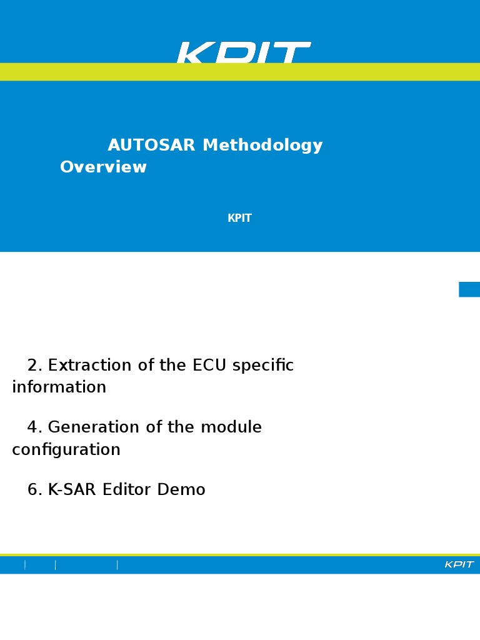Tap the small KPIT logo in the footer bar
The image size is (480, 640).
pyautogui.click(x=459, y=565)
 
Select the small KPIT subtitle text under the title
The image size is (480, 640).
pyautogui.click(x=239, y=219)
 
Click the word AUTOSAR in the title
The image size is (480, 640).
pyautogui.click(x=151, y=146)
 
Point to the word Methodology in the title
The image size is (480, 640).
pyautogui.click(x=262, y=146)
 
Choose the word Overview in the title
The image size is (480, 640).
pyautogui.click(x=103, y=167)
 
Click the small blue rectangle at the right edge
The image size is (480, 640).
pyautogui.click(x=469, y=289)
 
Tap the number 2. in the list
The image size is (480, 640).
pyautogui.click(x=35, y=366)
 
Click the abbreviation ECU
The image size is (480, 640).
pyautogui.click(x=210, y=366)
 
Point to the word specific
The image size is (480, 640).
pyautogui.click(x=262, y=366)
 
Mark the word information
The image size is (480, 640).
pyautogui.click(x=59, y=387)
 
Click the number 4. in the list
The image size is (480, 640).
pyautogui.click(x=35, y=428)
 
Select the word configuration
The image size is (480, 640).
pyautogui.click(x=66, y=450)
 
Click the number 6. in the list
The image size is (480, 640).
pyautogui.click(x=35, y=491)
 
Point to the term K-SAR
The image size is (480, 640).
pyautogui.click(x=72, y=491)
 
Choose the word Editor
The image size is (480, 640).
pyautogui.click(x=127, y=491)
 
